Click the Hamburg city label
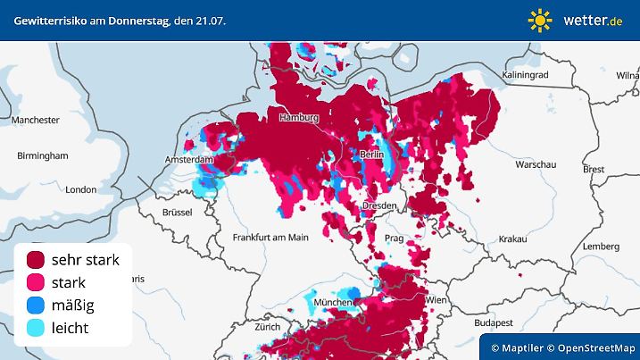click(299, 118)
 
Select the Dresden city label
click(379, 205)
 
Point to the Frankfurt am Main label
click(270, 237)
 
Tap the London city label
click(80, 189)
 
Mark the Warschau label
click(536, 165)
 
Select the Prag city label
click(395, 239)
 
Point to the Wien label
click(436, 301)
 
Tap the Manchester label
click(36, 120)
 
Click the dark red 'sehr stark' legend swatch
click(36, 260)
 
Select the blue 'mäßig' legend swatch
click(36, 306)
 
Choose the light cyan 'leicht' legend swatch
click(36, 328)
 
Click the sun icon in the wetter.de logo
click(540, 20)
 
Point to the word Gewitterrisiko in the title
click(44, 20)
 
